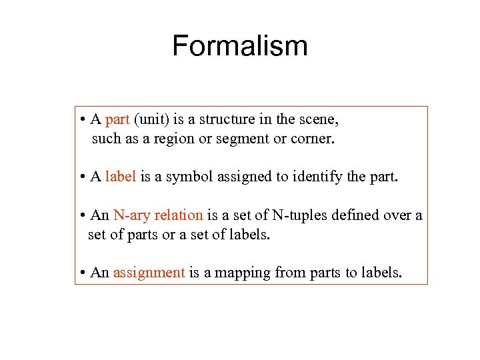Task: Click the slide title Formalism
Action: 240,46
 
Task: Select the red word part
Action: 117,120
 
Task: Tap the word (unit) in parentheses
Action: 152,120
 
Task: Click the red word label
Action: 121,177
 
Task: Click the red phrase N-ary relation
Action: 158,215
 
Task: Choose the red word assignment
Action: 149,273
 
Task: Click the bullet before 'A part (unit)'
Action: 81,121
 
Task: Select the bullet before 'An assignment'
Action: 81,273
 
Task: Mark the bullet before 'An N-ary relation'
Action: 81,215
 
